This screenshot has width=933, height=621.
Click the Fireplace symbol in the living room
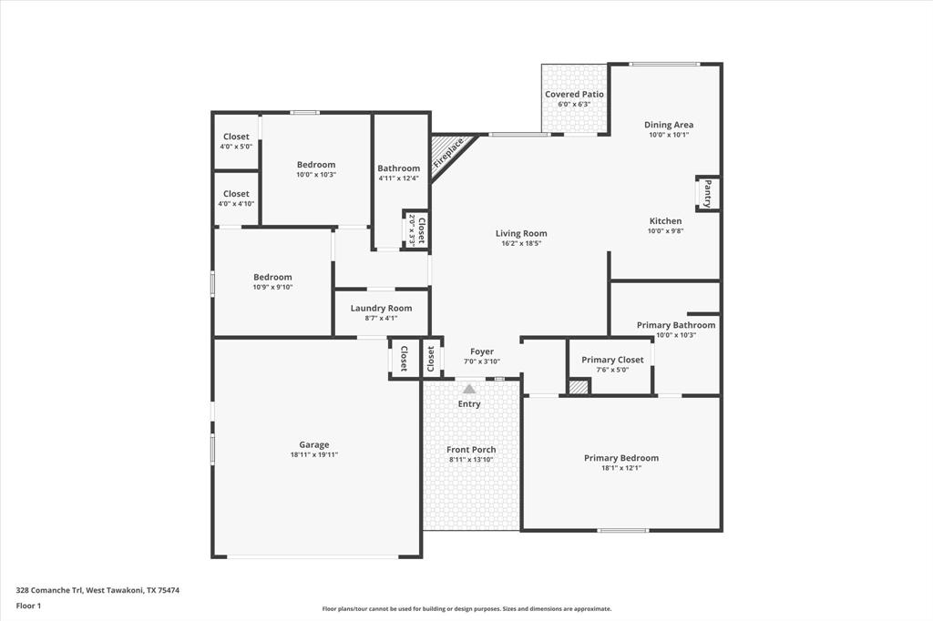(x=448, y=152)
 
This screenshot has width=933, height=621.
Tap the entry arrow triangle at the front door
(x=469, y=389)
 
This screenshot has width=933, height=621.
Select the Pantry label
(x=707, y=193)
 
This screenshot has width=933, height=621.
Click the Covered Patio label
(x=574, y=94)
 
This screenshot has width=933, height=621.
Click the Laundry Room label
(x=381, y=308)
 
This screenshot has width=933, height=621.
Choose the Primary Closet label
(x=612, y=360)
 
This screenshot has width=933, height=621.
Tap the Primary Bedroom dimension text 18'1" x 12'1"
(x=620, y=468)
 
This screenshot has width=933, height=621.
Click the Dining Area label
(x=669, y=125)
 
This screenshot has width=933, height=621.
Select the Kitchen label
(x=665, y=221)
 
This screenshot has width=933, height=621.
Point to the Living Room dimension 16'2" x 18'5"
(x=521, y=243)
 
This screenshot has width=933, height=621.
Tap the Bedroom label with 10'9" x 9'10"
(x=272, y=277)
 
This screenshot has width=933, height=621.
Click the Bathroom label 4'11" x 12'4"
(x=399, y=168)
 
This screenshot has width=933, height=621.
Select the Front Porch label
(x=471, y=450)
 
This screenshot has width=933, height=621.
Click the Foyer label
(x=482, y=351)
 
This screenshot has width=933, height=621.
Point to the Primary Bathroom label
(x=675, y=325)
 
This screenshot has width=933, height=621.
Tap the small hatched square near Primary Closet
(x=578, y=387)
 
